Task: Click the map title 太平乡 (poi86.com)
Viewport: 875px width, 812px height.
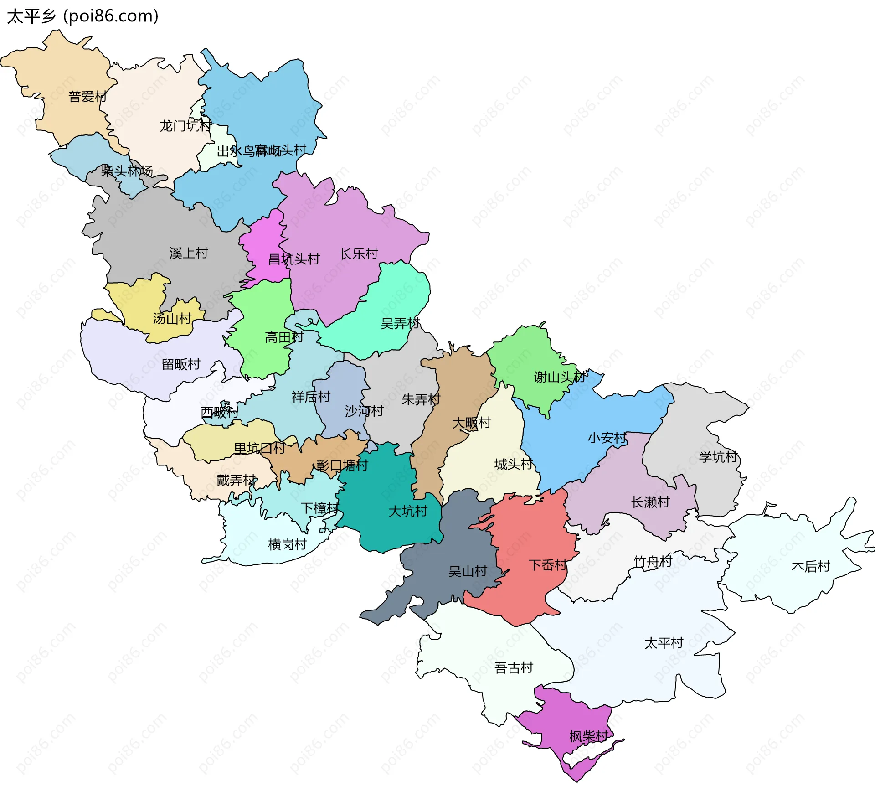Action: [x=82, y=16]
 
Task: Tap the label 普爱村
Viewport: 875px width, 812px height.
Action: [x=87, y=97]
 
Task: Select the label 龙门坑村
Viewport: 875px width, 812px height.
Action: [x=185, y=126]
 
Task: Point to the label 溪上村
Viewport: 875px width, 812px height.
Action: [x=189, y=253]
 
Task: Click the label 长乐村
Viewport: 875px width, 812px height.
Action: [x=359, y=254]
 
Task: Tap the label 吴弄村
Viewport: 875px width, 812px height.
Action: [x=400, y=324]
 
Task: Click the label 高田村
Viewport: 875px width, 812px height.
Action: [x=284, y=337]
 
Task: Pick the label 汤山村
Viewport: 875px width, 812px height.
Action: [x=172, y=318]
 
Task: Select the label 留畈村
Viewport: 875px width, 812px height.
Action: [x=181, y=364]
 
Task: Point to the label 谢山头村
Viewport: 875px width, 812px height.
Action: [x=560, y=377]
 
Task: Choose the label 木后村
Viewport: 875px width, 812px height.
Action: [x=811, y=566]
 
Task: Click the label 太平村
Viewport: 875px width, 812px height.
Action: [x=664, y=643]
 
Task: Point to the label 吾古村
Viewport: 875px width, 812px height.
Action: [x=514, y=668]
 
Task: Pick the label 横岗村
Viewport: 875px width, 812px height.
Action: [x=287, y=544]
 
